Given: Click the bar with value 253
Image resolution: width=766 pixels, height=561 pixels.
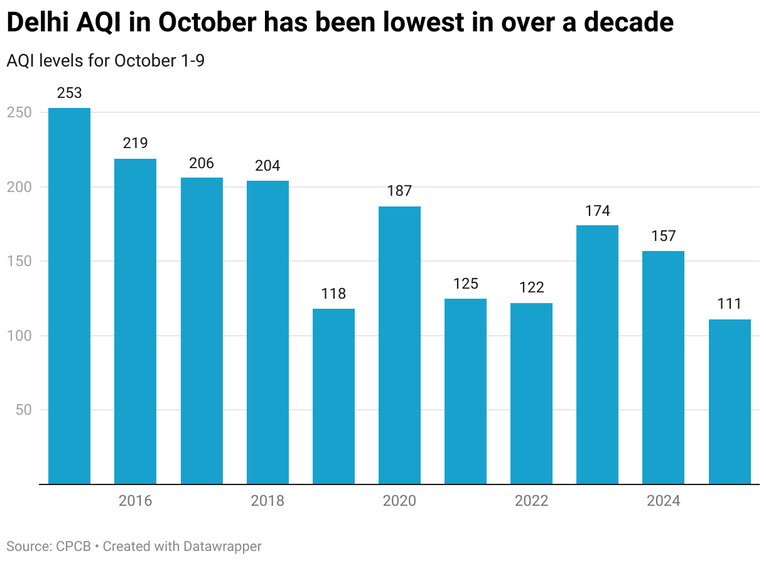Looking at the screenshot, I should pos(69,296).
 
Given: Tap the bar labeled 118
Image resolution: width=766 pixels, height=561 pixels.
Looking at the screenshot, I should pos(333,396).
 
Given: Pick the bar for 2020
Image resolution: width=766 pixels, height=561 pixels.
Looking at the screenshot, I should pos(399,345).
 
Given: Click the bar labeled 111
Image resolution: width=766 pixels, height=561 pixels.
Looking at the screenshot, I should pos(730,402).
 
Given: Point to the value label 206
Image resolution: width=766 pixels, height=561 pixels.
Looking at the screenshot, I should pos(202,163).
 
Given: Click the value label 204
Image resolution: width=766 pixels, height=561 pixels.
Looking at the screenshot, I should pos(267,166).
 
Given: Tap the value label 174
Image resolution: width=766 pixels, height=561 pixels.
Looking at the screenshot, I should pos(597,211).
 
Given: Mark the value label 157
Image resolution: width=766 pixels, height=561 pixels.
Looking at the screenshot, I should pos(664,236).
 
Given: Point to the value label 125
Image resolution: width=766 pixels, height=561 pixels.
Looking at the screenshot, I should pos(465,284).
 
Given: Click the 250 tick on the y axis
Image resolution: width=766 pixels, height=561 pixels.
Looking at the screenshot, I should pos(19,112).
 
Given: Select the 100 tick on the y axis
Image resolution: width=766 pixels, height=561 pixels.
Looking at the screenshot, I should pos(19,336).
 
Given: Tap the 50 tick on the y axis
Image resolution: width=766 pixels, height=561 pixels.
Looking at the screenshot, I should pos(23,410).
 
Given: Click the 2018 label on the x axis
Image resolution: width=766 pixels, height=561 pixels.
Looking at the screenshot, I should pos(267,501).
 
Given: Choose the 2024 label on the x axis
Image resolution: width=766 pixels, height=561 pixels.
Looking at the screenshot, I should pos(664,501).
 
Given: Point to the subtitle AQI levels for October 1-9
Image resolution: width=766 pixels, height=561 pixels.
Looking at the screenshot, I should pos(105,61).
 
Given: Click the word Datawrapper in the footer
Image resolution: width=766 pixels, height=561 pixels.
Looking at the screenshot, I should pos(222,547).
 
